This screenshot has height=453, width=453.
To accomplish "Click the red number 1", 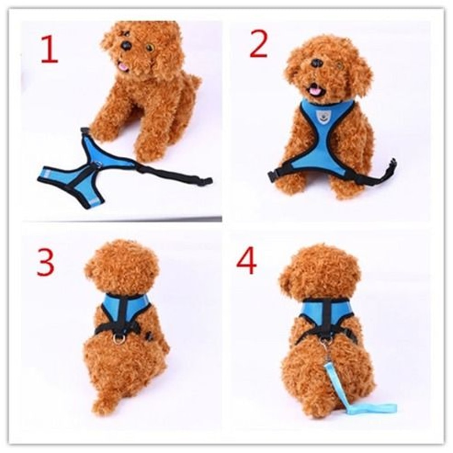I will click(49, 49).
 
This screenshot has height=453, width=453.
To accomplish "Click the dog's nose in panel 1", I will click(126, 45).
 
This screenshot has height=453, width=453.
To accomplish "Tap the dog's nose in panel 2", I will click(317, 63).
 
